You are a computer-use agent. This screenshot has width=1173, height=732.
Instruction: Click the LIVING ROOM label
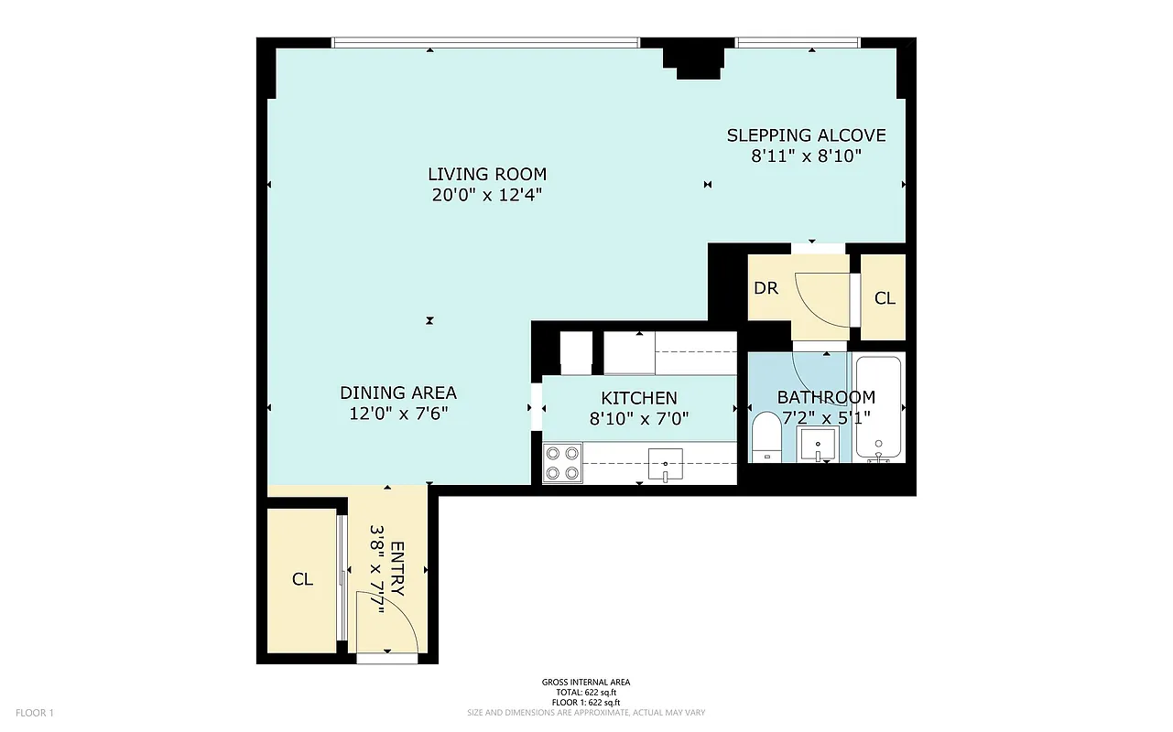(x=486, y=174)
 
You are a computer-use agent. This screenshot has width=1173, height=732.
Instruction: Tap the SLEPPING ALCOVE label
(x=806, y=135)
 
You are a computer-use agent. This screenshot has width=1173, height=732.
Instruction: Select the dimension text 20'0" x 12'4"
(x=486, y=194)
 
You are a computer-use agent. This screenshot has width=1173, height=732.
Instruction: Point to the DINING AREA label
(x=398, y=393)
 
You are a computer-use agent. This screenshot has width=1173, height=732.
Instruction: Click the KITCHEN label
(x=639, y=398)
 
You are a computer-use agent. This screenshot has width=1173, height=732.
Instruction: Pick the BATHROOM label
(x=826, y=397)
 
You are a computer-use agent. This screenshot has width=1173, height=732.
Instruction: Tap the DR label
(x=766, y=288)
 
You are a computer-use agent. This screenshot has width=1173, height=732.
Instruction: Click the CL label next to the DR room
(x=885, y=298)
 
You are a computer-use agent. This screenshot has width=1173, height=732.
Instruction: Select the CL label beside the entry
(x=302, y=579)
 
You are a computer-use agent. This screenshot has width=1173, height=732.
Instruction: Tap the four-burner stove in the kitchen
(x=562, y=463)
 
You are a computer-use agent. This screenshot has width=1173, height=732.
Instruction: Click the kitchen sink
(x=666, y=464)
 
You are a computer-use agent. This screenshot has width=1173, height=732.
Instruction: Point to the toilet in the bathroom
(x=765, y=440)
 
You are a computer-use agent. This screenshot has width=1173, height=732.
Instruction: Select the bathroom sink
(x=818, y=445)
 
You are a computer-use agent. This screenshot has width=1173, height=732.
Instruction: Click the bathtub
(x=879, y=408)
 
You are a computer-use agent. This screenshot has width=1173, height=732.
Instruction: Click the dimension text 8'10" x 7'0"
(x=639, y=419)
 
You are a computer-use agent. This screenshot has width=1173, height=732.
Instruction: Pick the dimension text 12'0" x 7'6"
(x=398, y=414)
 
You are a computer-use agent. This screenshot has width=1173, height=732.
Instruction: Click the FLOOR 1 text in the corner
(x=36, y=713)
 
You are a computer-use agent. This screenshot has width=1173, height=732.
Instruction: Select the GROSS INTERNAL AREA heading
(x=586, y=682)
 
